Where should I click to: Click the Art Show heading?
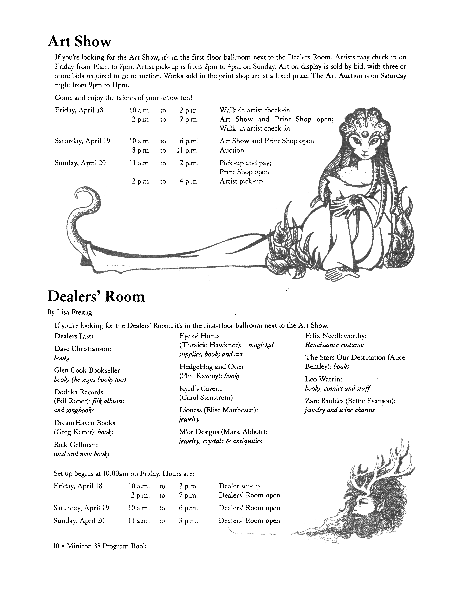(80, 42)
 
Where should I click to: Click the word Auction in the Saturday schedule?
(232, 150)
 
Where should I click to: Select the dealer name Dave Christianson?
(83, 349)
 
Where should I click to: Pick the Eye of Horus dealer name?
(199, 336)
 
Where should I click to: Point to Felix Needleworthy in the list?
(336, 336)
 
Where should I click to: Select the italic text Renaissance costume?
(334, 345)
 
